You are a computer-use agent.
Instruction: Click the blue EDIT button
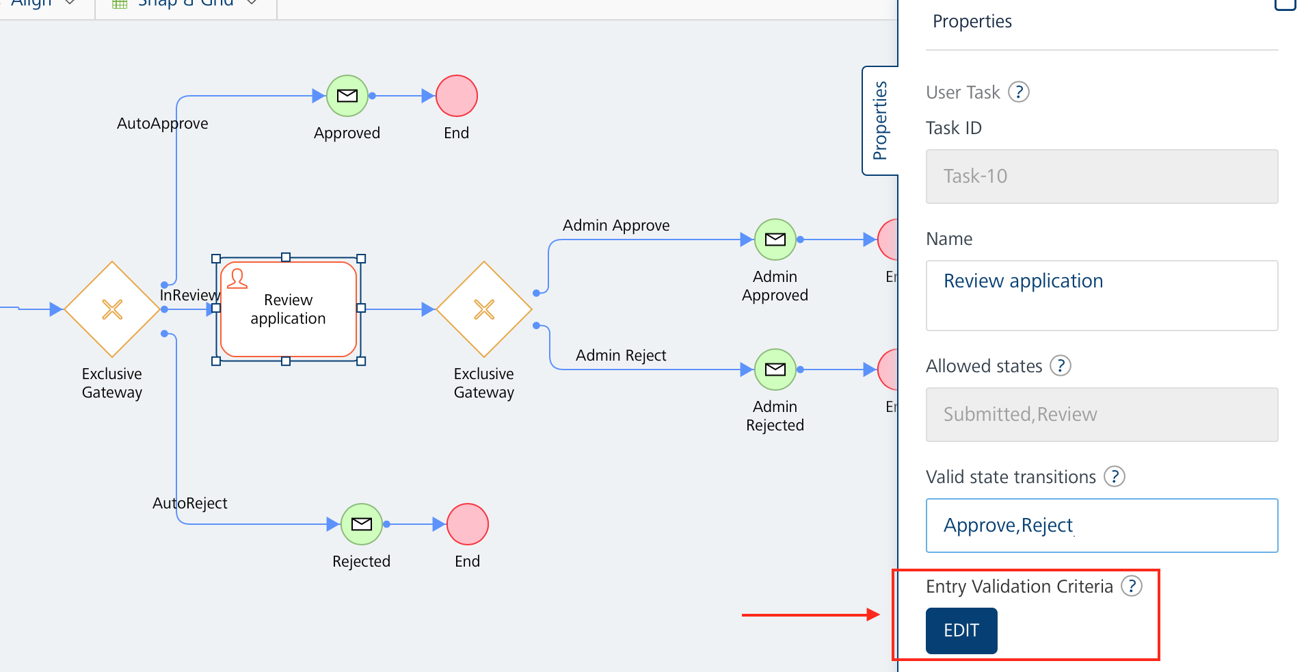tap(961, 630)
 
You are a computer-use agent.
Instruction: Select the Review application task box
tap(289, 309)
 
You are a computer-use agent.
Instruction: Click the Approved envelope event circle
tap(347, 96)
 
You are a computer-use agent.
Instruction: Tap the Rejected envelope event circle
tap(362, 524)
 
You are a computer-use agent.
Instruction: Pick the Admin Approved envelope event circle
tap(775, 240)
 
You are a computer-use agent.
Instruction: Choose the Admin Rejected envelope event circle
tap(775, 370)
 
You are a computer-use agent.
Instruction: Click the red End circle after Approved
tap(457, 96)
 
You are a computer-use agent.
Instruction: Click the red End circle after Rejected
tap(468, 524)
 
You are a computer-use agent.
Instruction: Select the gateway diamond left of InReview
tap(112, 309)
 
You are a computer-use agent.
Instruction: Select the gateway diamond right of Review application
tap(484, 309)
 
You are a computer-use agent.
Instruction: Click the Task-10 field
tap(1102, 177)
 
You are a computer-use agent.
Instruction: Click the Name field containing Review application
tap(1102, 295)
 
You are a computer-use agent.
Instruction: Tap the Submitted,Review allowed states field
tap(1102, 415)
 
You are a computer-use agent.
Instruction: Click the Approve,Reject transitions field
tap(1102, 526)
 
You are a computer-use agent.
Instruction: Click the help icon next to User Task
tap(1019, 92)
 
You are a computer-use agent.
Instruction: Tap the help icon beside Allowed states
tap(1061, 365)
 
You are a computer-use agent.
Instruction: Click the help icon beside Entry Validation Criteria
tap(1132, 586)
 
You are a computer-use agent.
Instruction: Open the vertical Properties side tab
tap(880, 121)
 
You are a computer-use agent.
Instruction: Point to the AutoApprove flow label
tap(163, 123)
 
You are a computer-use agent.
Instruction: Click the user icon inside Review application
tap(237, 279)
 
